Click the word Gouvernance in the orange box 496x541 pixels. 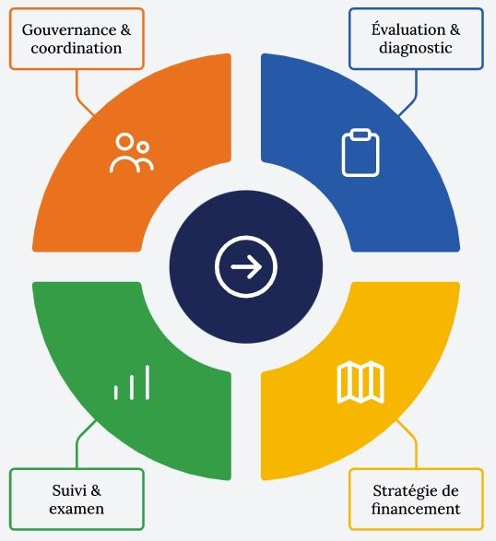click(x=69, y=29)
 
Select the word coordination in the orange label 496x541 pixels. click(x=77, y=48)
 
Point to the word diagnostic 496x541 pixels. click(x=416, y=48)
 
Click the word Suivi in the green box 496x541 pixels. click(x=67, y=490)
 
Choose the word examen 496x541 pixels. click(x=77, y=509)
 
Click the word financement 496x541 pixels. click(x=416, y=509)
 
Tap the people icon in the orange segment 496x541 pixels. click(x=132, y=153)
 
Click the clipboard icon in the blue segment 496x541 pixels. click(x=360, y=152)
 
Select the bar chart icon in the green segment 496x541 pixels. click(x=132, y=382)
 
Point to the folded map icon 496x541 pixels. click(x=360, y=382)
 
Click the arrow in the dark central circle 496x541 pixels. click(x=246, y=266)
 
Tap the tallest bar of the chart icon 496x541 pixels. click(x=148, y=382)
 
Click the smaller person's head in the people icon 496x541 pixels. click(x=142, y=147)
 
